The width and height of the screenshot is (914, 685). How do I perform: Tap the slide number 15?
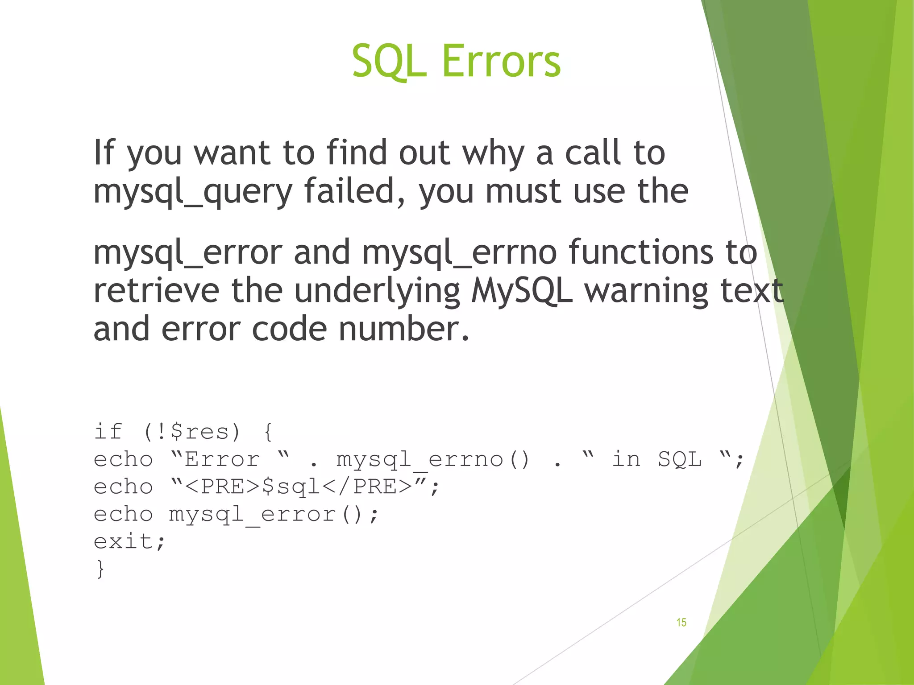tap(681, 623)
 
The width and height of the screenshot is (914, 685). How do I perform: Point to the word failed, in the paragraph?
tap(355, 191)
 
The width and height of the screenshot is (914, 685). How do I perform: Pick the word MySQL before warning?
tap(522, 291)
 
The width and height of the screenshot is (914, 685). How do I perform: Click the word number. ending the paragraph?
tap(404, 329)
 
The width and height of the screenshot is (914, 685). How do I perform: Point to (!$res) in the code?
tap(192, 432)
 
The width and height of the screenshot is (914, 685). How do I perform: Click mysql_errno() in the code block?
tap(433, 460)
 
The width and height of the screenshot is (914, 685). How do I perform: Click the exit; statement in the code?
tap(129, 541)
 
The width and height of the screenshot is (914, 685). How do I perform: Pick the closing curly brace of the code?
tap(100, 569)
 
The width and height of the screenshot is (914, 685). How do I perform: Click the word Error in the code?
tap(222, 459)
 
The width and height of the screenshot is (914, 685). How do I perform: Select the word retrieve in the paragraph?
tap(156, 291)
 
